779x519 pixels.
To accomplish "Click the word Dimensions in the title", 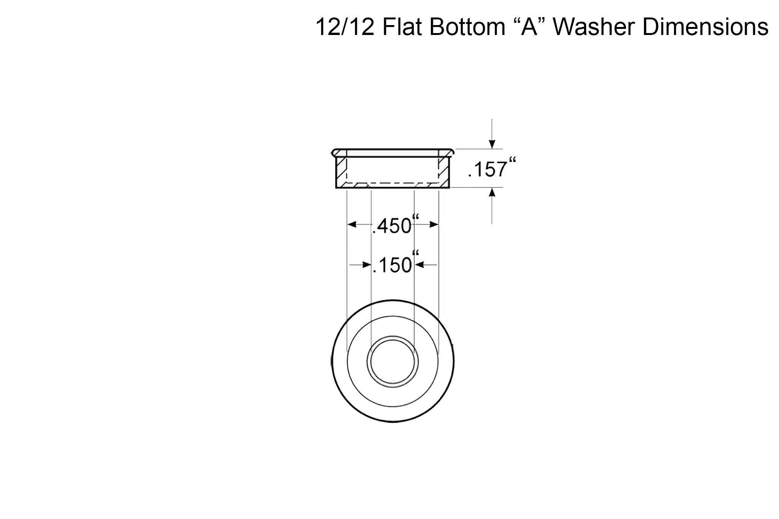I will (x=705, y=27).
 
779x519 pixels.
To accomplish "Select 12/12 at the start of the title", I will (x=345, y=27).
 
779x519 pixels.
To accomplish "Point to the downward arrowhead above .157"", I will (x=492, y=144).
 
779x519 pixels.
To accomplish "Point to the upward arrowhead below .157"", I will (x=492, y=192).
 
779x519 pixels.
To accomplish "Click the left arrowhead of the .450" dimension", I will (x=352, y=225).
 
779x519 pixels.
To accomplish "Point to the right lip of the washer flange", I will (x=450, y=152).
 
